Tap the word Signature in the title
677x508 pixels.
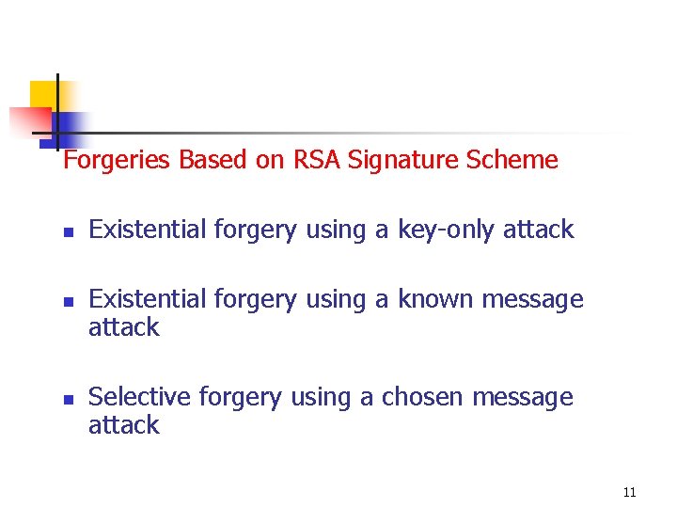403,161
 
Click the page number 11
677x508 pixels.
629,492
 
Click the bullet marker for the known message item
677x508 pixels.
68,301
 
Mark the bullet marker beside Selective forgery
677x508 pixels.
68,399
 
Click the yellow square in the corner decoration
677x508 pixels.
43,94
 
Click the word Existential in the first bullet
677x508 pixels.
148,230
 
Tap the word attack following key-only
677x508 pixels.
538,230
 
